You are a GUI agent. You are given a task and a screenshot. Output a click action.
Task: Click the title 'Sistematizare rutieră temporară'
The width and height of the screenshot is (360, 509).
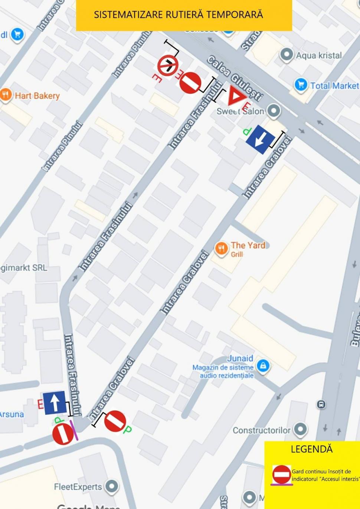(x=178, y=15)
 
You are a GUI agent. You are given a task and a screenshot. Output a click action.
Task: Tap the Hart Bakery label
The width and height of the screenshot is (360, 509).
(x=37, y=96)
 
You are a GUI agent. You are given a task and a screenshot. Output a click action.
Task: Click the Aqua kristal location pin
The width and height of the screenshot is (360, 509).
(x=286, y=55)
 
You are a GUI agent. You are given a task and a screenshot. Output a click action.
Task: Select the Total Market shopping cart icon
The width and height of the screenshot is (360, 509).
(x=301, y=85)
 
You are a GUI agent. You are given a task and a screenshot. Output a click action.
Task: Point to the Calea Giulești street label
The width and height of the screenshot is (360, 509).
(x=235, y=78)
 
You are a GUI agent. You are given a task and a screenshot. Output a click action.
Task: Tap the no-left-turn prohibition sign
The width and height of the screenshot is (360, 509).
(x=168, y=66)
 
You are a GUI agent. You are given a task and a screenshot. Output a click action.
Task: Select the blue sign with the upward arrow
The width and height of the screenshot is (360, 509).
(x=55, y=403)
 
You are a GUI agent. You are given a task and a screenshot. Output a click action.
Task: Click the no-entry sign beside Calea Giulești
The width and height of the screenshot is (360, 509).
(x=190, y=83)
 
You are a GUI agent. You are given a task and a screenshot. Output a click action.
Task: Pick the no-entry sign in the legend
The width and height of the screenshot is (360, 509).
(x=282, y=474)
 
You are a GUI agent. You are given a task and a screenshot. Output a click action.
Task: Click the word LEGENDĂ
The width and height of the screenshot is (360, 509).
(x=311, y=449)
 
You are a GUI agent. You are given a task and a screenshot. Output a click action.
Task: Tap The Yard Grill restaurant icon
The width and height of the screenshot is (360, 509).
(x=222, y=248)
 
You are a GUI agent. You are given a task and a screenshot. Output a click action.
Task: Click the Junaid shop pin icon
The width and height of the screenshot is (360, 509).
(x=263, y=365)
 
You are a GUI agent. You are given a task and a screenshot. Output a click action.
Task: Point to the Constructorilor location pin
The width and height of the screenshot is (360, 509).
(x=300, y=429)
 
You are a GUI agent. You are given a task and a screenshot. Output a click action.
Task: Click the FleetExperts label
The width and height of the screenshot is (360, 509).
(x=78, y=487)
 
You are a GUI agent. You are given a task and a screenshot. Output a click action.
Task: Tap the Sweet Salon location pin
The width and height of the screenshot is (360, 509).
(x=274, y=111)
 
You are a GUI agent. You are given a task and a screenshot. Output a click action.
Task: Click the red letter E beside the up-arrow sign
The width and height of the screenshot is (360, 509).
(x=40, y=404)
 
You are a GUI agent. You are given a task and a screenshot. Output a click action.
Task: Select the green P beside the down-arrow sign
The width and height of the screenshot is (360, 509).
(x=247, y=131)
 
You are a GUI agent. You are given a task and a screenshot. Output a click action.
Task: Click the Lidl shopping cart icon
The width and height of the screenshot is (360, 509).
(x=17, y=35)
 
